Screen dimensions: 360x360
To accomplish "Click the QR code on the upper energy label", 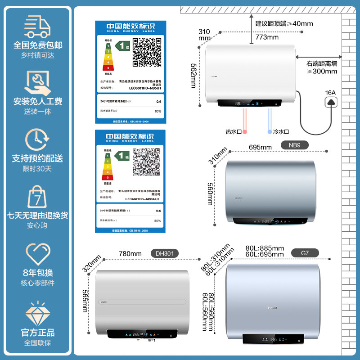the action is pyautogui.click(x=147, y=52).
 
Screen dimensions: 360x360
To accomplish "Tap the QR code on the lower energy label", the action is pyautogui.click(x=147, y=162).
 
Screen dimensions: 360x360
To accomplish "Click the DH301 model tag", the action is pyautogui.click(x=164, y=254).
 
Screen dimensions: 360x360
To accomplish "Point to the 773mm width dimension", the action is pyautogui.click(x=267, y=37).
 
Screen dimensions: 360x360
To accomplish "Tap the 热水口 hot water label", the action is pyautogui.click(x=234, y=132).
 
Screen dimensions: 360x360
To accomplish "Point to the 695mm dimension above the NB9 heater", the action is pyautogui.click(x=260, y=147).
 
